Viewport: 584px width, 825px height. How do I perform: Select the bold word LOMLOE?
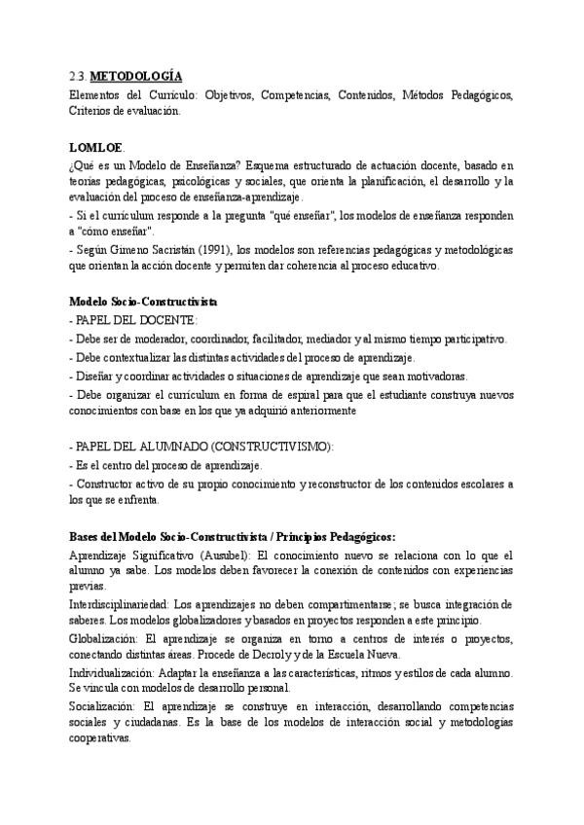point(95,148)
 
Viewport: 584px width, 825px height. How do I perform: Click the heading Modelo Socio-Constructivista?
point(143,302)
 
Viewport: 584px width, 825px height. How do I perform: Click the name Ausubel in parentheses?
point(227,555)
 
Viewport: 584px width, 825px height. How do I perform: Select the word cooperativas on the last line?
point(101,739)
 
